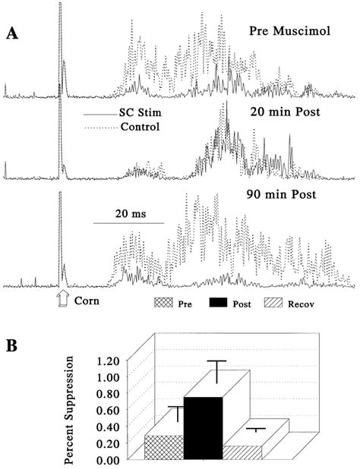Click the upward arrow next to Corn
tap(63, 301)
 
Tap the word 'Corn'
tap(88, 301)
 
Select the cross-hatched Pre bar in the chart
tap(164, 447)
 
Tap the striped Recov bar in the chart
tap(242, 452)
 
